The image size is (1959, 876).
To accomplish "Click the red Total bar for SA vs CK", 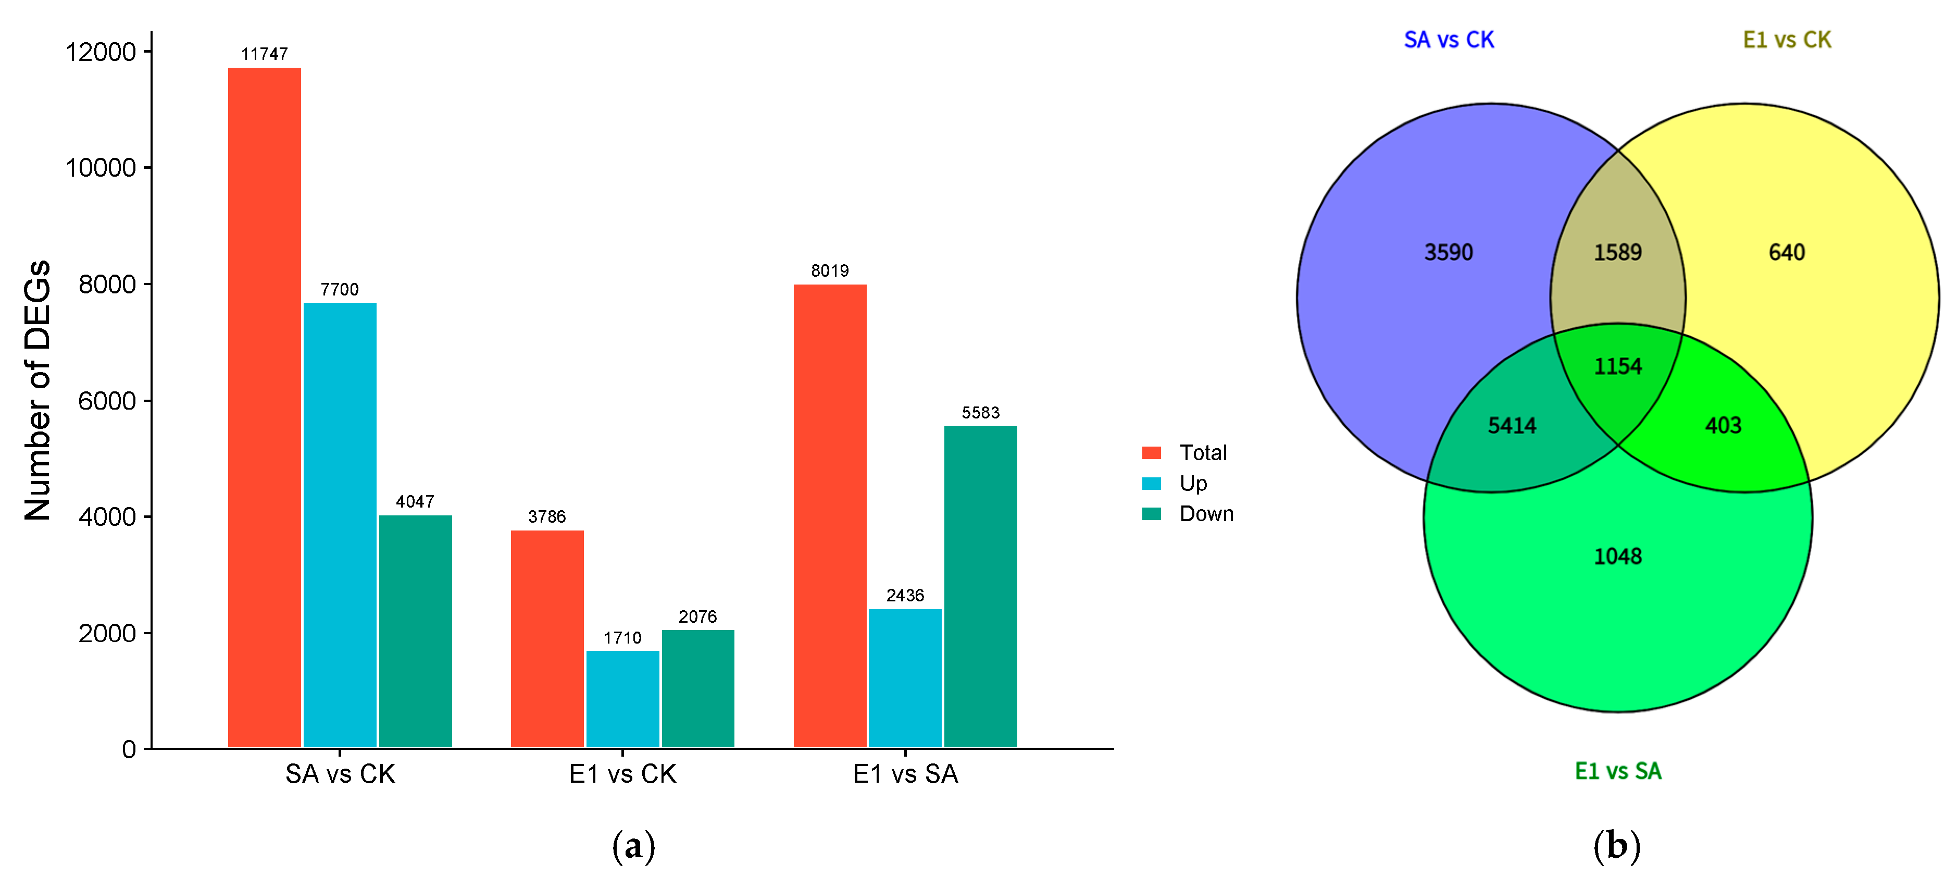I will pyautogui.click(x=264, y=407).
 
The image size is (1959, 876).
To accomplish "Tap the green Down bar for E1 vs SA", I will pyautogui.click(x=980, y=586).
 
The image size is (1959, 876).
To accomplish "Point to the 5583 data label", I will pyautogui.click(x=980, y=413).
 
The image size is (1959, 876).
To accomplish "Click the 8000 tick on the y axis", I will pyautogui.click(x=106, y=285).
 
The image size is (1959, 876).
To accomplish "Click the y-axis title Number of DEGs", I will pyautogui.click(x=38, y=390).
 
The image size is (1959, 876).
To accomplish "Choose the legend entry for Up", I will pyautogui.click(x=1192, y=483).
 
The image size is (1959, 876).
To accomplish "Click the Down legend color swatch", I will pyautogui.click(x=1151, y=514).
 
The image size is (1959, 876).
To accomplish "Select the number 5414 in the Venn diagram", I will pyautogui.click(x=1512, y=425).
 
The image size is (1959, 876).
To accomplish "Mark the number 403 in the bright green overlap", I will pyautogui.click(x=1723, y=425).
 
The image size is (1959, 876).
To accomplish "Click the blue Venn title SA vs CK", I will pyautogui.click(x=1448, y=40).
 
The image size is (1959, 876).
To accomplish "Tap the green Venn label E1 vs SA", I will pyautogui.click(x=1617, y=771).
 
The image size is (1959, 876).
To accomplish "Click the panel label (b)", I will pyautogui.click(x=1616, y=846).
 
